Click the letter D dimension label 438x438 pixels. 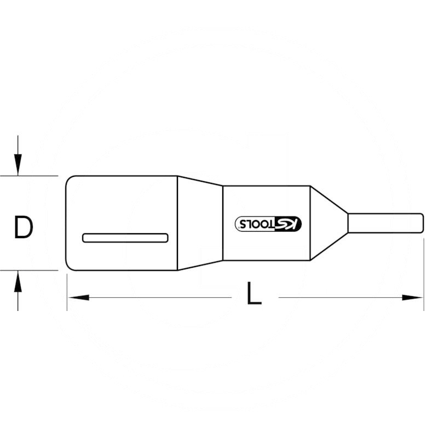(x=24, y=228)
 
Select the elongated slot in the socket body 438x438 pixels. (x=125, y=238)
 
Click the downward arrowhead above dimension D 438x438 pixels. (x=18, y=164)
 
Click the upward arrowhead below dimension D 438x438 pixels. (x=18, y=283)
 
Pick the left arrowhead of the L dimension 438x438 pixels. (x=78, y=298)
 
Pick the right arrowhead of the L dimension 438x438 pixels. (x=413, y=298)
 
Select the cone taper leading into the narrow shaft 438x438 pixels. (x=328, y=223)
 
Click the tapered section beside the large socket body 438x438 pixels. (x=200, y=223)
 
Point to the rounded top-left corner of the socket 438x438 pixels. (x=70, y=179)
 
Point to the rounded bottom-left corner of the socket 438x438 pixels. (x=70, y=267)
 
